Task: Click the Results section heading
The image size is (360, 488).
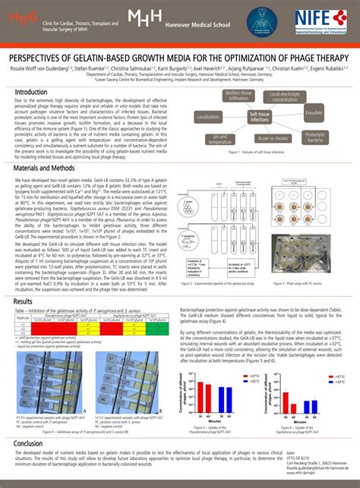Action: (24, 301)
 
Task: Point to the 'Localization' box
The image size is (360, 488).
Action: (208, 117)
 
